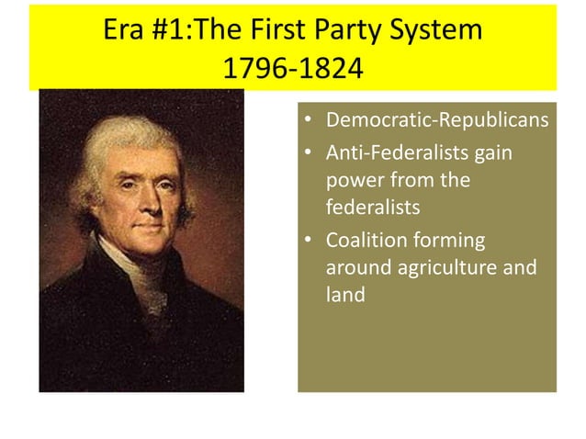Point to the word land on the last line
(345, 296)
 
